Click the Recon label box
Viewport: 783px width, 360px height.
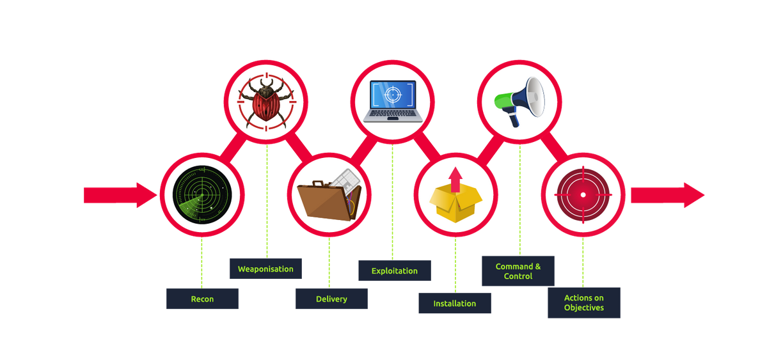pos(202,299)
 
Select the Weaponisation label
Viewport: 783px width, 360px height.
pos(265,269)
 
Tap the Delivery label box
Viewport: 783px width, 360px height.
pos(331,299)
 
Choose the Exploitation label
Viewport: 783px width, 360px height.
pos(394,270)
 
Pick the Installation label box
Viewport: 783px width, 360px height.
pos(455,303)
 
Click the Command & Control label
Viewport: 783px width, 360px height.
pos(518,271)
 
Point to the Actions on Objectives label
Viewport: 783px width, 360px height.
pos(584,302)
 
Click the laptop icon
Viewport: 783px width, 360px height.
pos(393,100)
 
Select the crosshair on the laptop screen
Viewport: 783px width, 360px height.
pos(393,95)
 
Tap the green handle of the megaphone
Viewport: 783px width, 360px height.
pos(503,100)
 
